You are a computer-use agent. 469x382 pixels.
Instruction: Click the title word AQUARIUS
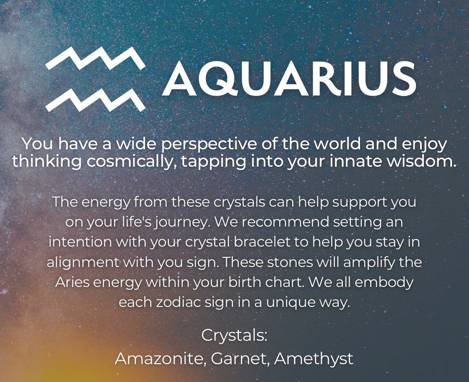(289, 79)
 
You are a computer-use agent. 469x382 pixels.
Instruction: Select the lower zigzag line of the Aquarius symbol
(96, 99)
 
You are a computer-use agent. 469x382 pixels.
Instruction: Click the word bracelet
(262, 242)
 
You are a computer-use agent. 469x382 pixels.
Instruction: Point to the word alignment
(82, 262)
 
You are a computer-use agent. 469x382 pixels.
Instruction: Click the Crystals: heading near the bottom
(234, 336)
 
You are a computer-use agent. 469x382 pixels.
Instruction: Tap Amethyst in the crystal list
(314, 359)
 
